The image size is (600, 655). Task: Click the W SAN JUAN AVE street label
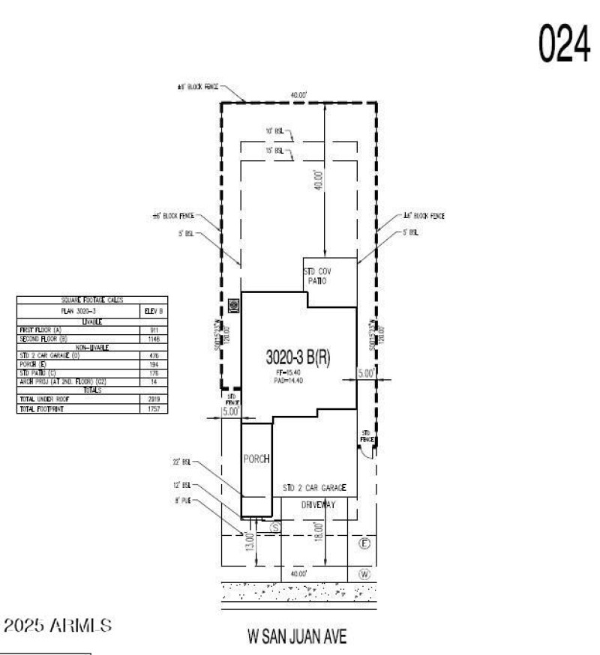(x=297, y=637)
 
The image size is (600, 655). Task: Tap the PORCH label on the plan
(x=255, y=458)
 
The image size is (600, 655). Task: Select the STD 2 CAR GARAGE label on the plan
(x=314, y=488)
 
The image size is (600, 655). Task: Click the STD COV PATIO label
(x=316, y=275)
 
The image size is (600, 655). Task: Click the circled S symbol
(x=274, y=528)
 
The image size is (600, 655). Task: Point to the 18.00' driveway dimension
(x=319, y=537)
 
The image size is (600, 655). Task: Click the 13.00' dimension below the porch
(x=250, y=541)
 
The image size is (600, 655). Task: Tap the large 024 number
(x=562, y=46)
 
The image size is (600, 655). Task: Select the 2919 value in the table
(x=154, y=399)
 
